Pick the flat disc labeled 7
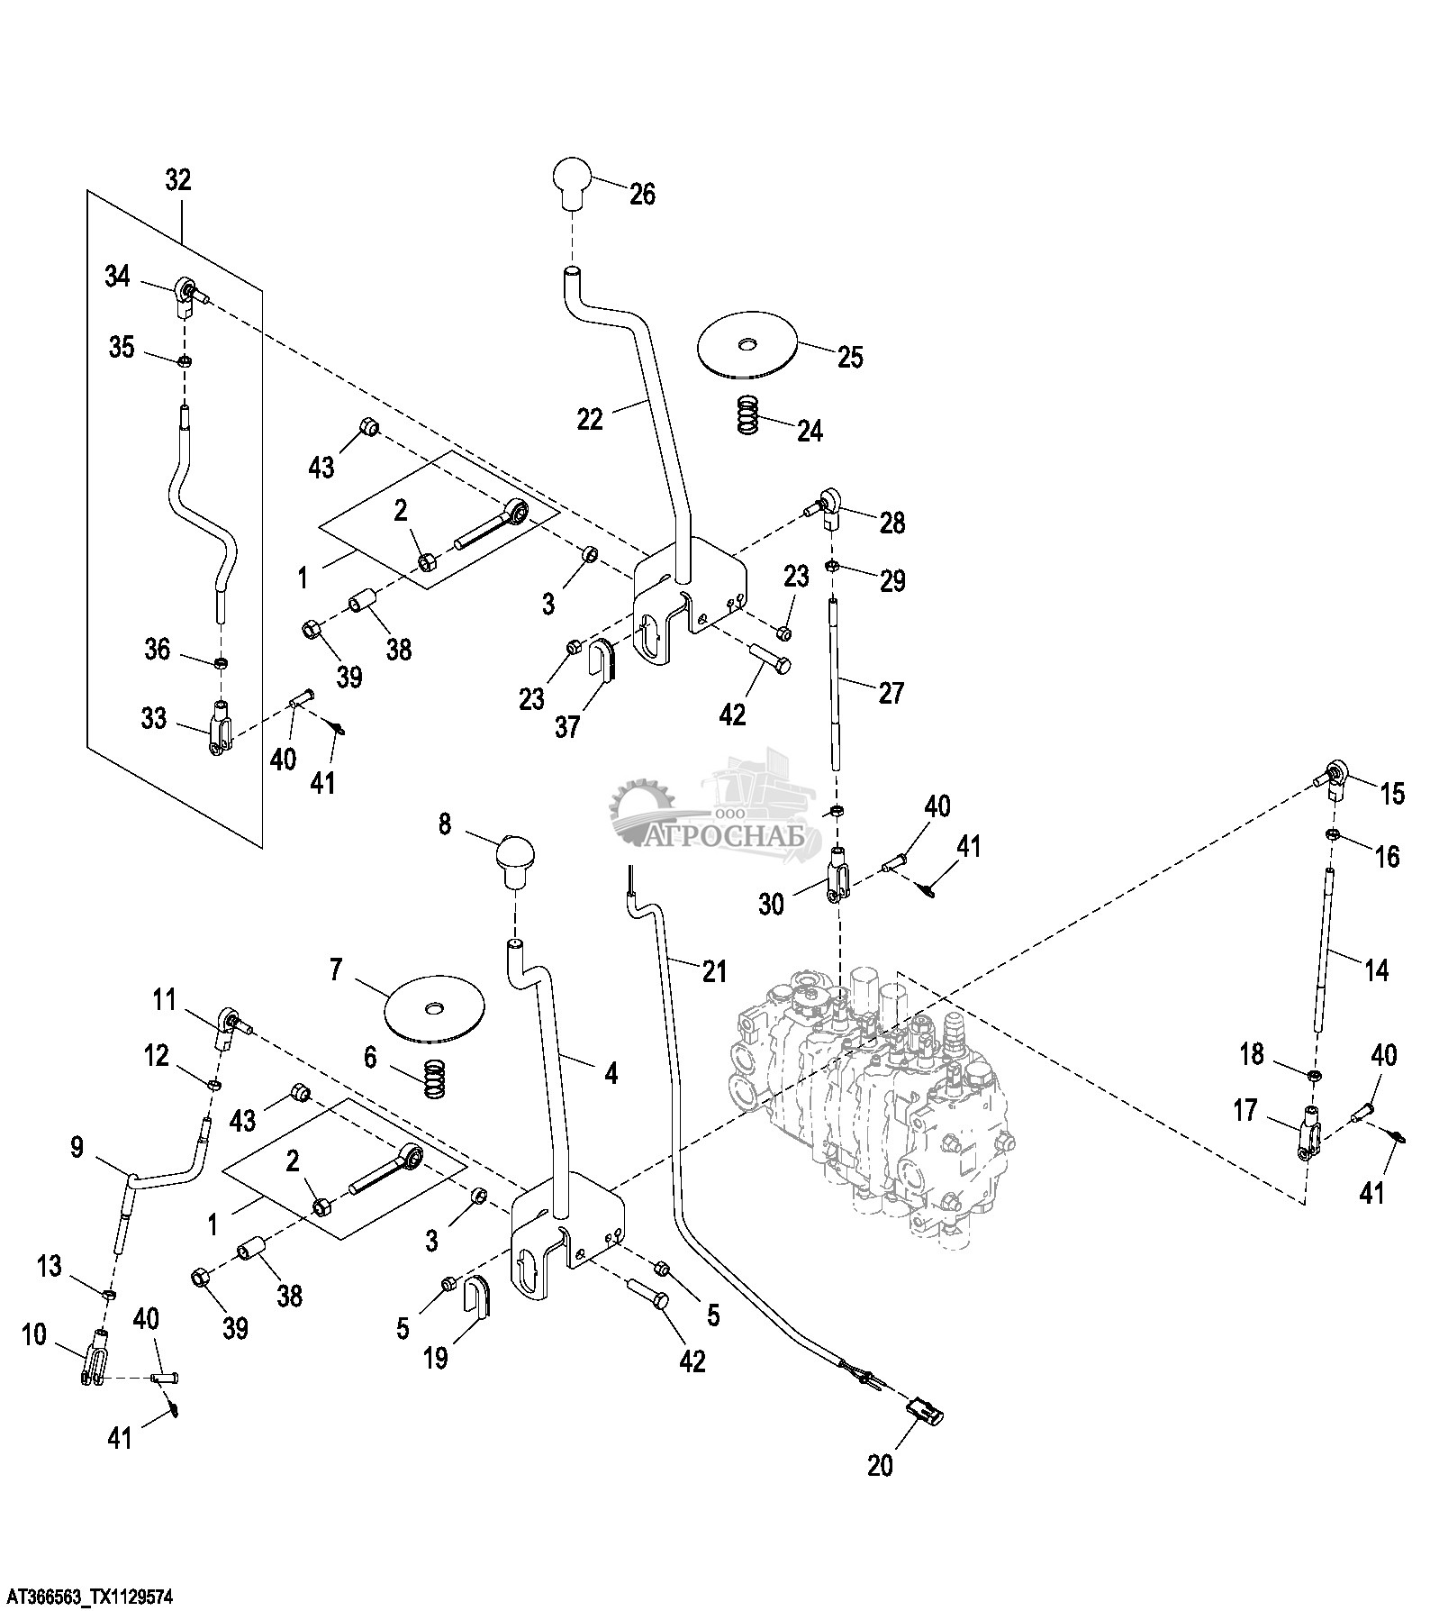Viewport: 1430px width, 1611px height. tap(434, 1009)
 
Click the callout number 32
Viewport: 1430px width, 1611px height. tap(178, 179)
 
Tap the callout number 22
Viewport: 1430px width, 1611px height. tap(590, 419)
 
